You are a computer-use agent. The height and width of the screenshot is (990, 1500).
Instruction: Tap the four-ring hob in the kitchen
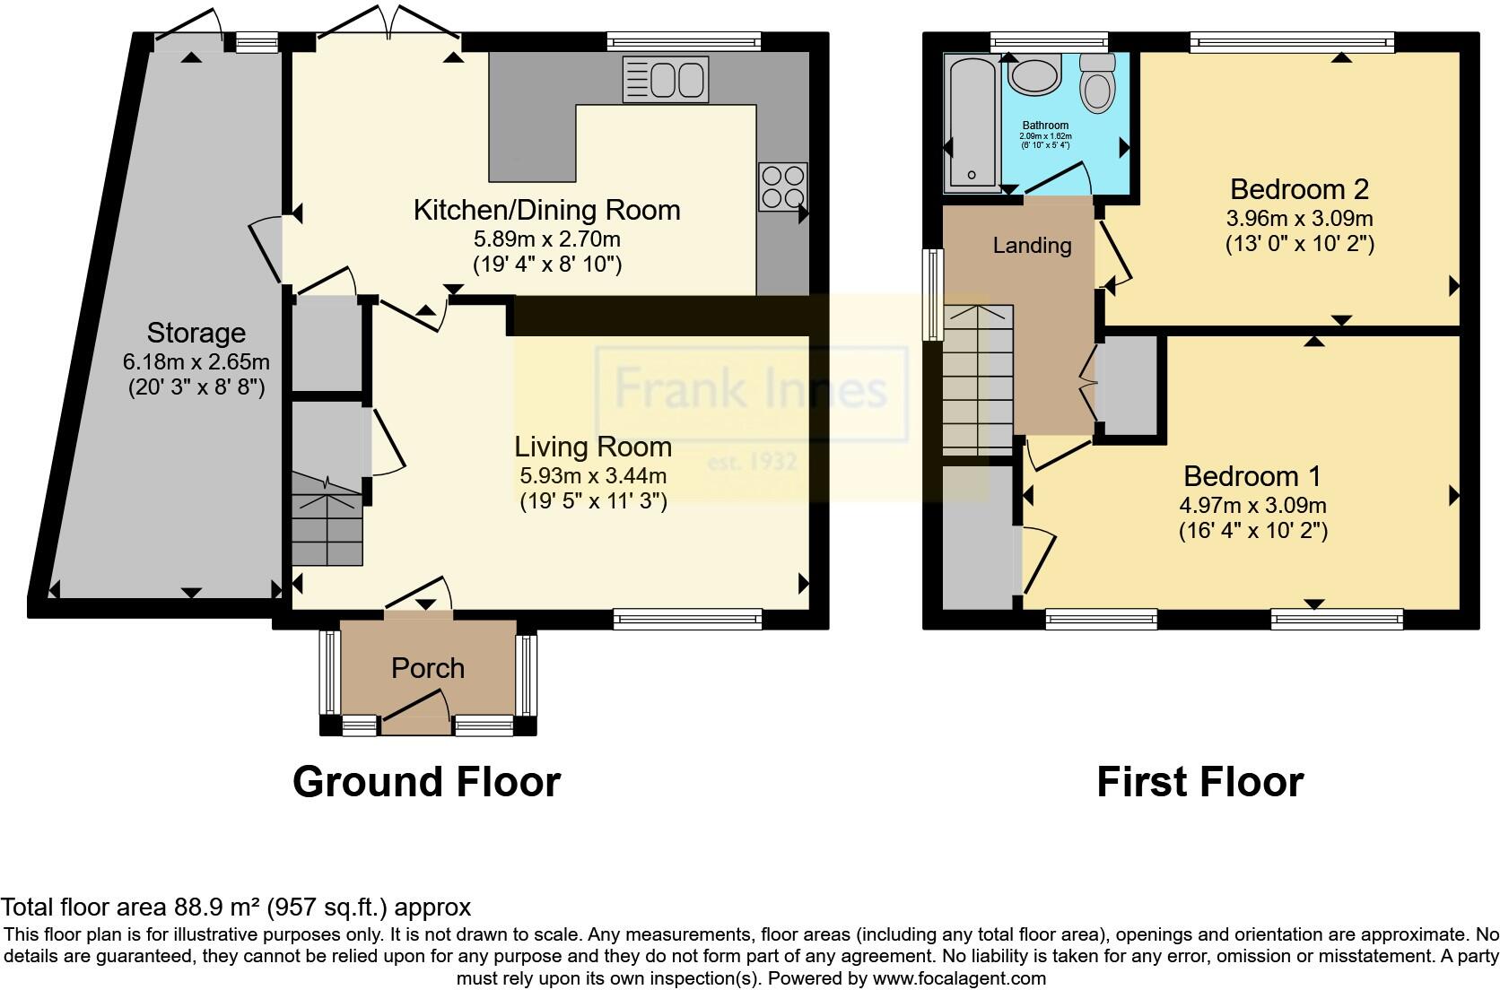coord(782,187)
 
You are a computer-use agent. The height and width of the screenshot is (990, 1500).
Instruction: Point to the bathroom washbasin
coord(1034,74)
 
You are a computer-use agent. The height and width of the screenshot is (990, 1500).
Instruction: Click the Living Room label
coord(592,446)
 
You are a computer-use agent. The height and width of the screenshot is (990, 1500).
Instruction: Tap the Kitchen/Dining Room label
coord(546,210)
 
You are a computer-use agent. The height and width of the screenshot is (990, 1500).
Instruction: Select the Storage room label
coord(196,333)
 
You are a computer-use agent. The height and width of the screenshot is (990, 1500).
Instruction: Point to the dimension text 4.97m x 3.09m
coord(1252,505)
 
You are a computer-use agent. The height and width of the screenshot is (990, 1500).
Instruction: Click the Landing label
coord(1032,245)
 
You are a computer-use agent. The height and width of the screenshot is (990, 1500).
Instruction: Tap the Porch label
coord(428,667)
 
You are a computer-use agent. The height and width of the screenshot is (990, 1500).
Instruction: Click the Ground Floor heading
coord(426,782)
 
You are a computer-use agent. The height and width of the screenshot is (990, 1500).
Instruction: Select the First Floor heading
coord(1199,782)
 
